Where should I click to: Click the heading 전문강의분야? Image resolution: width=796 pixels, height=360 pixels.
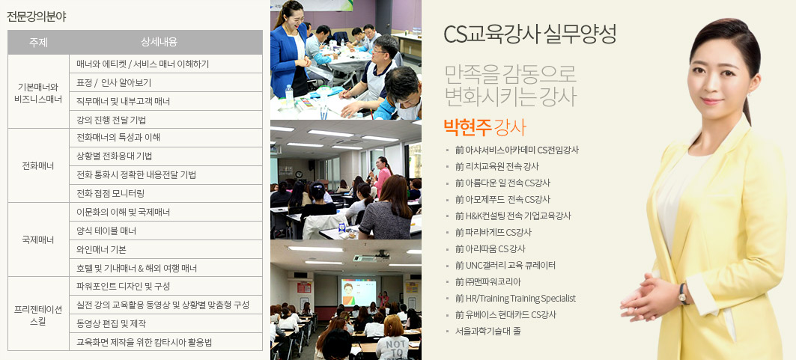coord(37,16)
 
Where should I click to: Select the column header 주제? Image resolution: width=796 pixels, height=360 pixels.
coord(39,43)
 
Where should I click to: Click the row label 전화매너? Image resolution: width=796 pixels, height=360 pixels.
coord(38,166)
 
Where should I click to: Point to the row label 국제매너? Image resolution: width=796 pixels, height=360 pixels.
coord(38,240)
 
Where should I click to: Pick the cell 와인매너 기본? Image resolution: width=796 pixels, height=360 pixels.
coord(101,249)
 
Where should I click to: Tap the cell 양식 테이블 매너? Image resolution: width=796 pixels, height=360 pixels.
coord(106,231)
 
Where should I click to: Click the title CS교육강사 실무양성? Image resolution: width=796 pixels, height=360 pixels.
coord(530,34)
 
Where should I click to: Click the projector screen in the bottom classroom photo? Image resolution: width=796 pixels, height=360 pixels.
coord(358,292)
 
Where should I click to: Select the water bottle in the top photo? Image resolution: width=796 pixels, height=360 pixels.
coord(289,96)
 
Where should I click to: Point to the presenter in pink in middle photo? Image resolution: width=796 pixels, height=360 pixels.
coord(382,176)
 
